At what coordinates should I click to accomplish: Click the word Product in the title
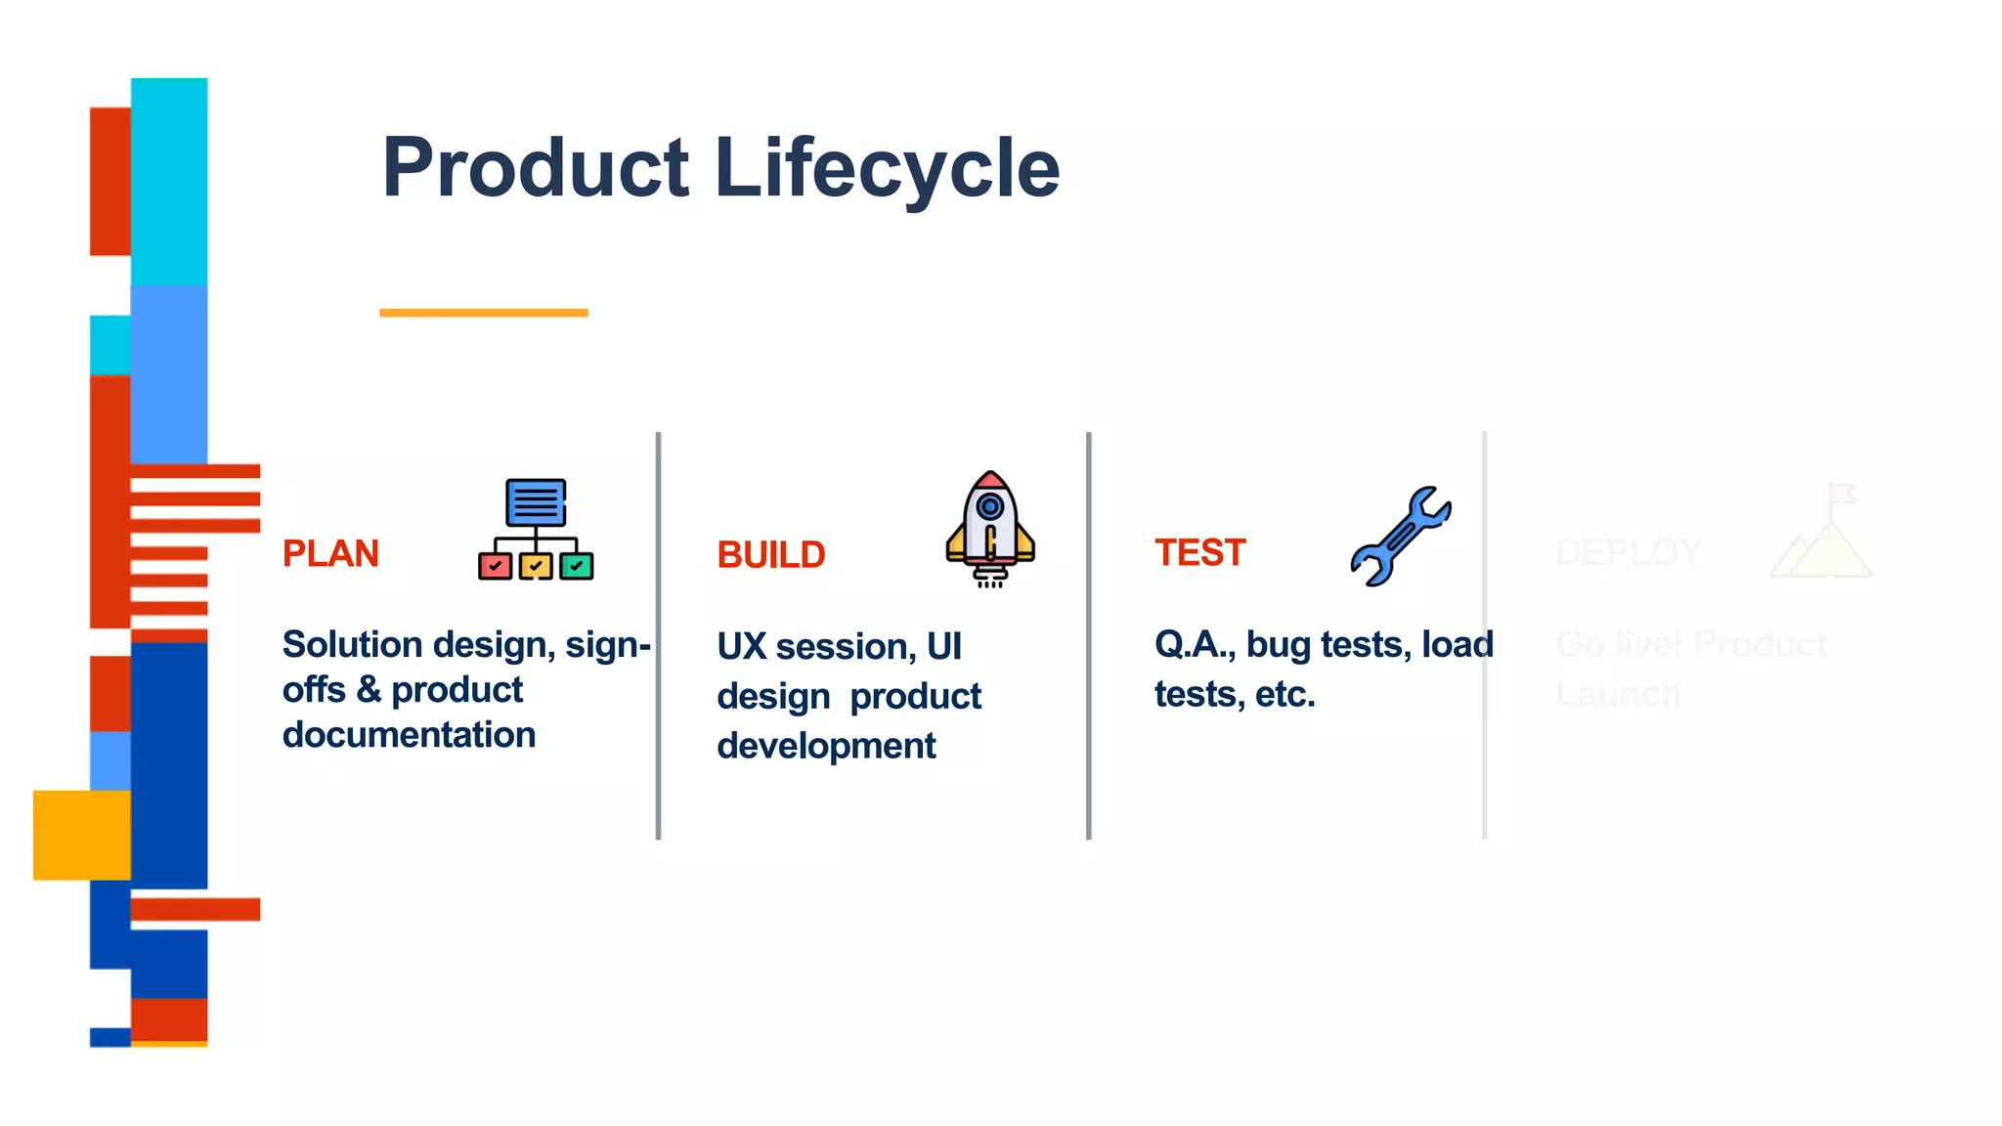pos(536,168)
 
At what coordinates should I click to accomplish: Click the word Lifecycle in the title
pos(887,168)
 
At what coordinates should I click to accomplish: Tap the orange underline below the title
pos(483,313)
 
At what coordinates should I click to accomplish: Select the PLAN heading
pos(330,553)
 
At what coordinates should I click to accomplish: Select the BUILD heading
pos(770,555)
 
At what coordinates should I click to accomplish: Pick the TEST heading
pos(1199,552)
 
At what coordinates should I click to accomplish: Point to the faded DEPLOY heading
pos(1628,552)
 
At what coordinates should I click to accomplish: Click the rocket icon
pos(989,529)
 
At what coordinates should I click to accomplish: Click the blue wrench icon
pos(1400,537)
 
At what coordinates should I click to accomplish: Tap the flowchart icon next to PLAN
pos(536,529)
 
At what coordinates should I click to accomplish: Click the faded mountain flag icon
pos(1821,533)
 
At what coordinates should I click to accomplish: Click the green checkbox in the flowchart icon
pos(576,566)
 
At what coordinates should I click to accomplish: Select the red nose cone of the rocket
pos(990,480)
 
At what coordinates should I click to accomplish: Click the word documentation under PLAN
pos(409,735)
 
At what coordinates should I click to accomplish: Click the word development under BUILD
pos(826,746)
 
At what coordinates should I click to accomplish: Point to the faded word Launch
pos(1618,694)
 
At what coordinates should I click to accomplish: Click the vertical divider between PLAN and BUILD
pos(659,635)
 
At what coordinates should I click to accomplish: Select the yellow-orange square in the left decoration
pos(82,835)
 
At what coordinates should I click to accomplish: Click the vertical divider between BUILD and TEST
pos(1088,635)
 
